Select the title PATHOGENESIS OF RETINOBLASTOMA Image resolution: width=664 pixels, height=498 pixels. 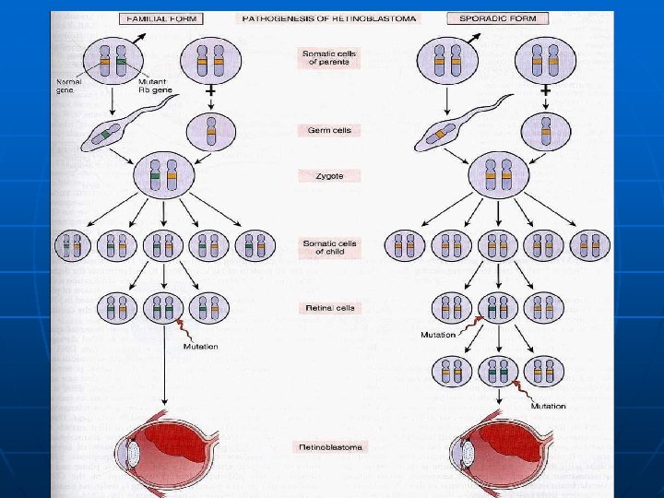pyautogui.click(x=327, y=18)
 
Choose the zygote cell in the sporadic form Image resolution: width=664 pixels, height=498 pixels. pyautogui.click(x=498, y=175)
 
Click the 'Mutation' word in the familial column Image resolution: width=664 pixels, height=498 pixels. pyautogui.click(x=200, y=347)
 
